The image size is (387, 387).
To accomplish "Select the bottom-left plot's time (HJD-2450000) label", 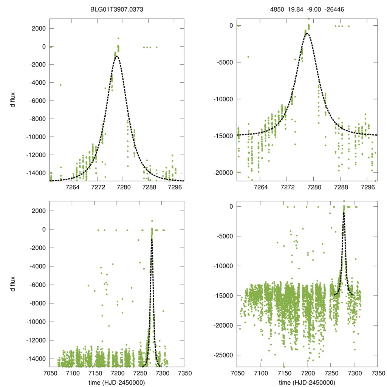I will (x=117, y=382).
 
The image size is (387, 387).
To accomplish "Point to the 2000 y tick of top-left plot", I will (x=39, y=29).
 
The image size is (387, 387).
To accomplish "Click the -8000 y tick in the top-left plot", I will (x=37, y=119).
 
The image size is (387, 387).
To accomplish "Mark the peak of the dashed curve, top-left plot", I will (x=117, y=56).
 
